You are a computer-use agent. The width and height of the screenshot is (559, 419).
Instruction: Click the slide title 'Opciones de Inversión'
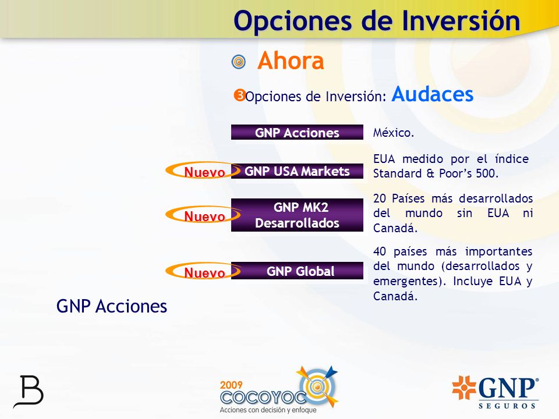click(x=377, y=21)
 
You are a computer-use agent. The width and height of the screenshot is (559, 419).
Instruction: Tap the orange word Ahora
click(x=291, y=61)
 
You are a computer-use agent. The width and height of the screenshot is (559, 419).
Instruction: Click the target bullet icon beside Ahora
click(x=239, y=62)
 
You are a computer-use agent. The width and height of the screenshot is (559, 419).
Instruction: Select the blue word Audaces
click(x=433, y=94)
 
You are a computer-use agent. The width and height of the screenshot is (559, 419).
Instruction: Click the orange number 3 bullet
click(x=239, y=95)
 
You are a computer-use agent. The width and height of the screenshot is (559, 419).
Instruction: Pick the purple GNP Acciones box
click(x=297, y=132)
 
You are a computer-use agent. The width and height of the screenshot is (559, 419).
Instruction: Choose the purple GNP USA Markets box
click(x=297, y=171)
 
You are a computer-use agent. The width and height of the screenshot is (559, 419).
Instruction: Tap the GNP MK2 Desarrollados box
click(x=297, y=215)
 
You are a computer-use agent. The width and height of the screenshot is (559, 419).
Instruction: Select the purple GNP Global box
click(x=297, y=271)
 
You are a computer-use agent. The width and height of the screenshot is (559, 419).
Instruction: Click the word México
click(x=394, y=133)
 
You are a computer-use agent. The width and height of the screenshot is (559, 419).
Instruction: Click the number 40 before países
click(x=379, y=251)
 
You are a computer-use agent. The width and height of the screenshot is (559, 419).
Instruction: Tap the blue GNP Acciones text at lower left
click(x=112, y=307)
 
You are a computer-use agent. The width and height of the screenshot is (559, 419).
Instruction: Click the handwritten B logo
click(x=29, y=392)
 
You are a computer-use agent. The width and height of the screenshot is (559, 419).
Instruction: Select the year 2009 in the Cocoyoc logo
click(x=231, y=385)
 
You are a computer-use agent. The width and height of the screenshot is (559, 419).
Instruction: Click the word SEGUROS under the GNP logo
click(x=507, y=406)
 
